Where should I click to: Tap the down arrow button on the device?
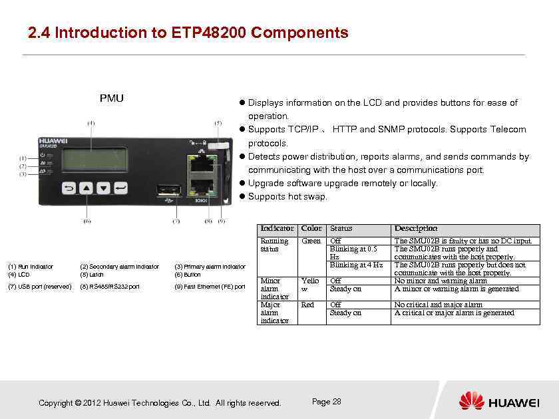tap(103, 188)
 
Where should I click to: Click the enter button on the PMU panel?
tap(120, 188)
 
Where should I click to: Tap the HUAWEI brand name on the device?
tap(53, 141)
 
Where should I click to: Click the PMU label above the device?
tap(111, 98)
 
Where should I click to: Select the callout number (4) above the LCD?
tap(91, 123)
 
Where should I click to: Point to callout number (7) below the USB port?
tap(176, 221)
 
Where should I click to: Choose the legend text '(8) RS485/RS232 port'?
tap(110, 287)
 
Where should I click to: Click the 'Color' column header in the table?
tap(311, 228)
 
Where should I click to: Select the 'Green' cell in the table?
tap(311, 241)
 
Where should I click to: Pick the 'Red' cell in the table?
tap(307, 305)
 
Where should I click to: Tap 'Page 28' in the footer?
tap(326, 402)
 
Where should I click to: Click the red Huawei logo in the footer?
tap(471, 402)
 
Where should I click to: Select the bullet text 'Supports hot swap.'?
tap(287, 196)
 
